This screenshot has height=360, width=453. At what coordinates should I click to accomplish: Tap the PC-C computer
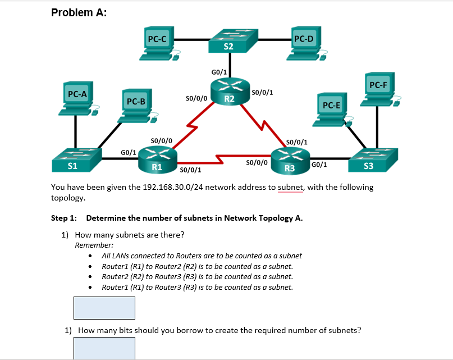click(x=157, y=44)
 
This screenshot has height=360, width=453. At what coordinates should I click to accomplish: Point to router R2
click(x=229, y=92)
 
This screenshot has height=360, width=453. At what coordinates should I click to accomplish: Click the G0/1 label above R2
click(x=219, y=72)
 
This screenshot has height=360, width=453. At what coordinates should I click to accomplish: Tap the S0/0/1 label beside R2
click(x=263, y=93)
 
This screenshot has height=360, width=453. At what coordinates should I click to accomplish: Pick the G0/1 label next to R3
click(x=319, y=165)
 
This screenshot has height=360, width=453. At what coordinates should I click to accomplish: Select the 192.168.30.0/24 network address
click(x=176, y=187)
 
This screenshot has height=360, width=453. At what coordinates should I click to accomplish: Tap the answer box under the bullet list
click(x=104, y=308)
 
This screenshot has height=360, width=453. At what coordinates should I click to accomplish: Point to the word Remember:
click(x=94, y=245)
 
